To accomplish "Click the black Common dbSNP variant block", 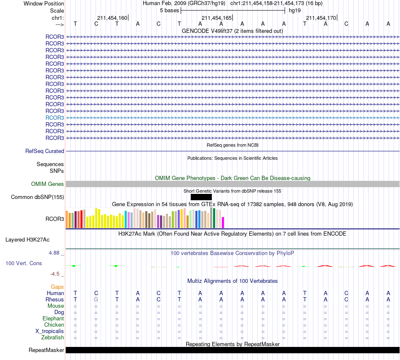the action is tap(201, 197).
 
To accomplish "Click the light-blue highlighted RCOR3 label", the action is tap(55, 118).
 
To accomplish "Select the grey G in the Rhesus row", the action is tap(96, 299).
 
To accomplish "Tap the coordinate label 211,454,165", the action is tap(216, 18).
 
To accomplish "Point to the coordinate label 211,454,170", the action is tap(321, 18).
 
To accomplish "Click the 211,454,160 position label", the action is tap(112, 18).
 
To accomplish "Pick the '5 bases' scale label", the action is tap(169, 11).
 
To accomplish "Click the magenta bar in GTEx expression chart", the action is tap(223, 223).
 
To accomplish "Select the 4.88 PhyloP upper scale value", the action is tap(54, 253).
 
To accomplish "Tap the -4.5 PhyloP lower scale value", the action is tap(55, 274).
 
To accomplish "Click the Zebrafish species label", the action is tap(53, 337).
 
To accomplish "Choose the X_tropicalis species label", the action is tap(50, 331).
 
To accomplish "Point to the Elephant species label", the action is tap(53, 318).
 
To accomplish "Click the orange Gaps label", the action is tap(57, 287).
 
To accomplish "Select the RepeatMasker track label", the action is tap(46, 350).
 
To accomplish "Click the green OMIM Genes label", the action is tap(47, 184).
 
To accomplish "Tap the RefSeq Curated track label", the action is tap(44, 151).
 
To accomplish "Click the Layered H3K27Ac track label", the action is tap(27, 240).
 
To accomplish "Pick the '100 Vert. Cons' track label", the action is tap(24, 263).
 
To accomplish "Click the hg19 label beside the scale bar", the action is tap(295, 11).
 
